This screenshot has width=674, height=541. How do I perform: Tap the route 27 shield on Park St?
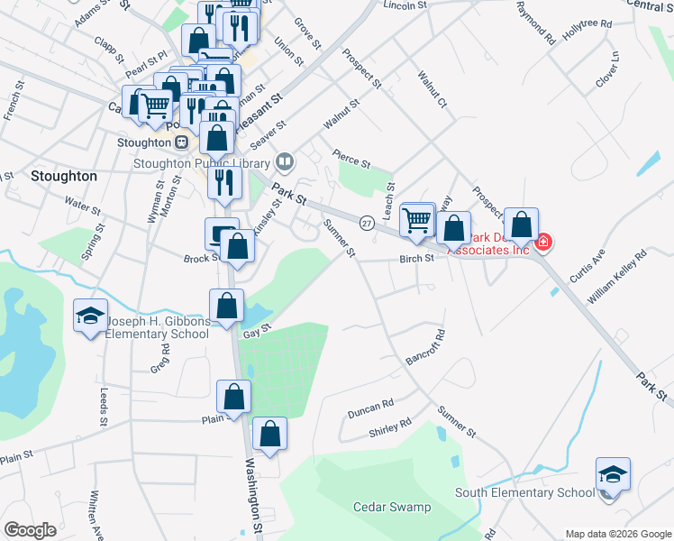click(x=367, y=222)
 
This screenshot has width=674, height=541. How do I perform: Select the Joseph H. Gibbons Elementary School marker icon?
click(x=90, y=316)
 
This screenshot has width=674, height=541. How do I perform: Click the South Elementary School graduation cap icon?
click(x=613, y=473)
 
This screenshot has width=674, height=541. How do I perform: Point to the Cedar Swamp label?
click(x=392, y=508)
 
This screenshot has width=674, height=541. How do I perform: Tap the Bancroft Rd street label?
click(x=425, y=347)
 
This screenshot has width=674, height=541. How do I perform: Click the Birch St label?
click(x=417, y=258)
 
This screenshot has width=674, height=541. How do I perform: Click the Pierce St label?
click(x=351, y=160)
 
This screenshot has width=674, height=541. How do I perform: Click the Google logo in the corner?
click(x=31, y=530)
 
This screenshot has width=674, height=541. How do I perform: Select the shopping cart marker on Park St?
click(x=417, y=220)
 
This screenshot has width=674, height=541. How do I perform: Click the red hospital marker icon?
click(x=543, y=242)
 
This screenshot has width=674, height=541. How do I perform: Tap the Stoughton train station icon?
click(x=181, y=142)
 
